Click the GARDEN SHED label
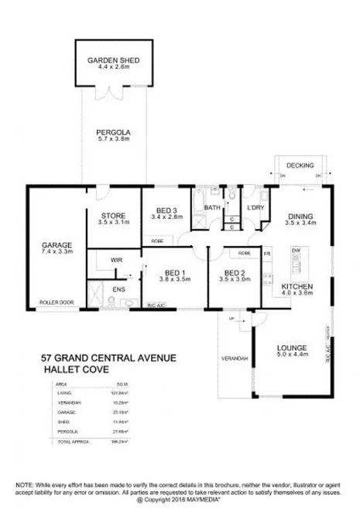113,59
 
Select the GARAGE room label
57,246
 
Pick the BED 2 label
235,272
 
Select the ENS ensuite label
118,290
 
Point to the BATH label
212,208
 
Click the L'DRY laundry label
255,208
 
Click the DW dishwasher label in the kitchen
296,251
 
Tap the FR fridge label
267,253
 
